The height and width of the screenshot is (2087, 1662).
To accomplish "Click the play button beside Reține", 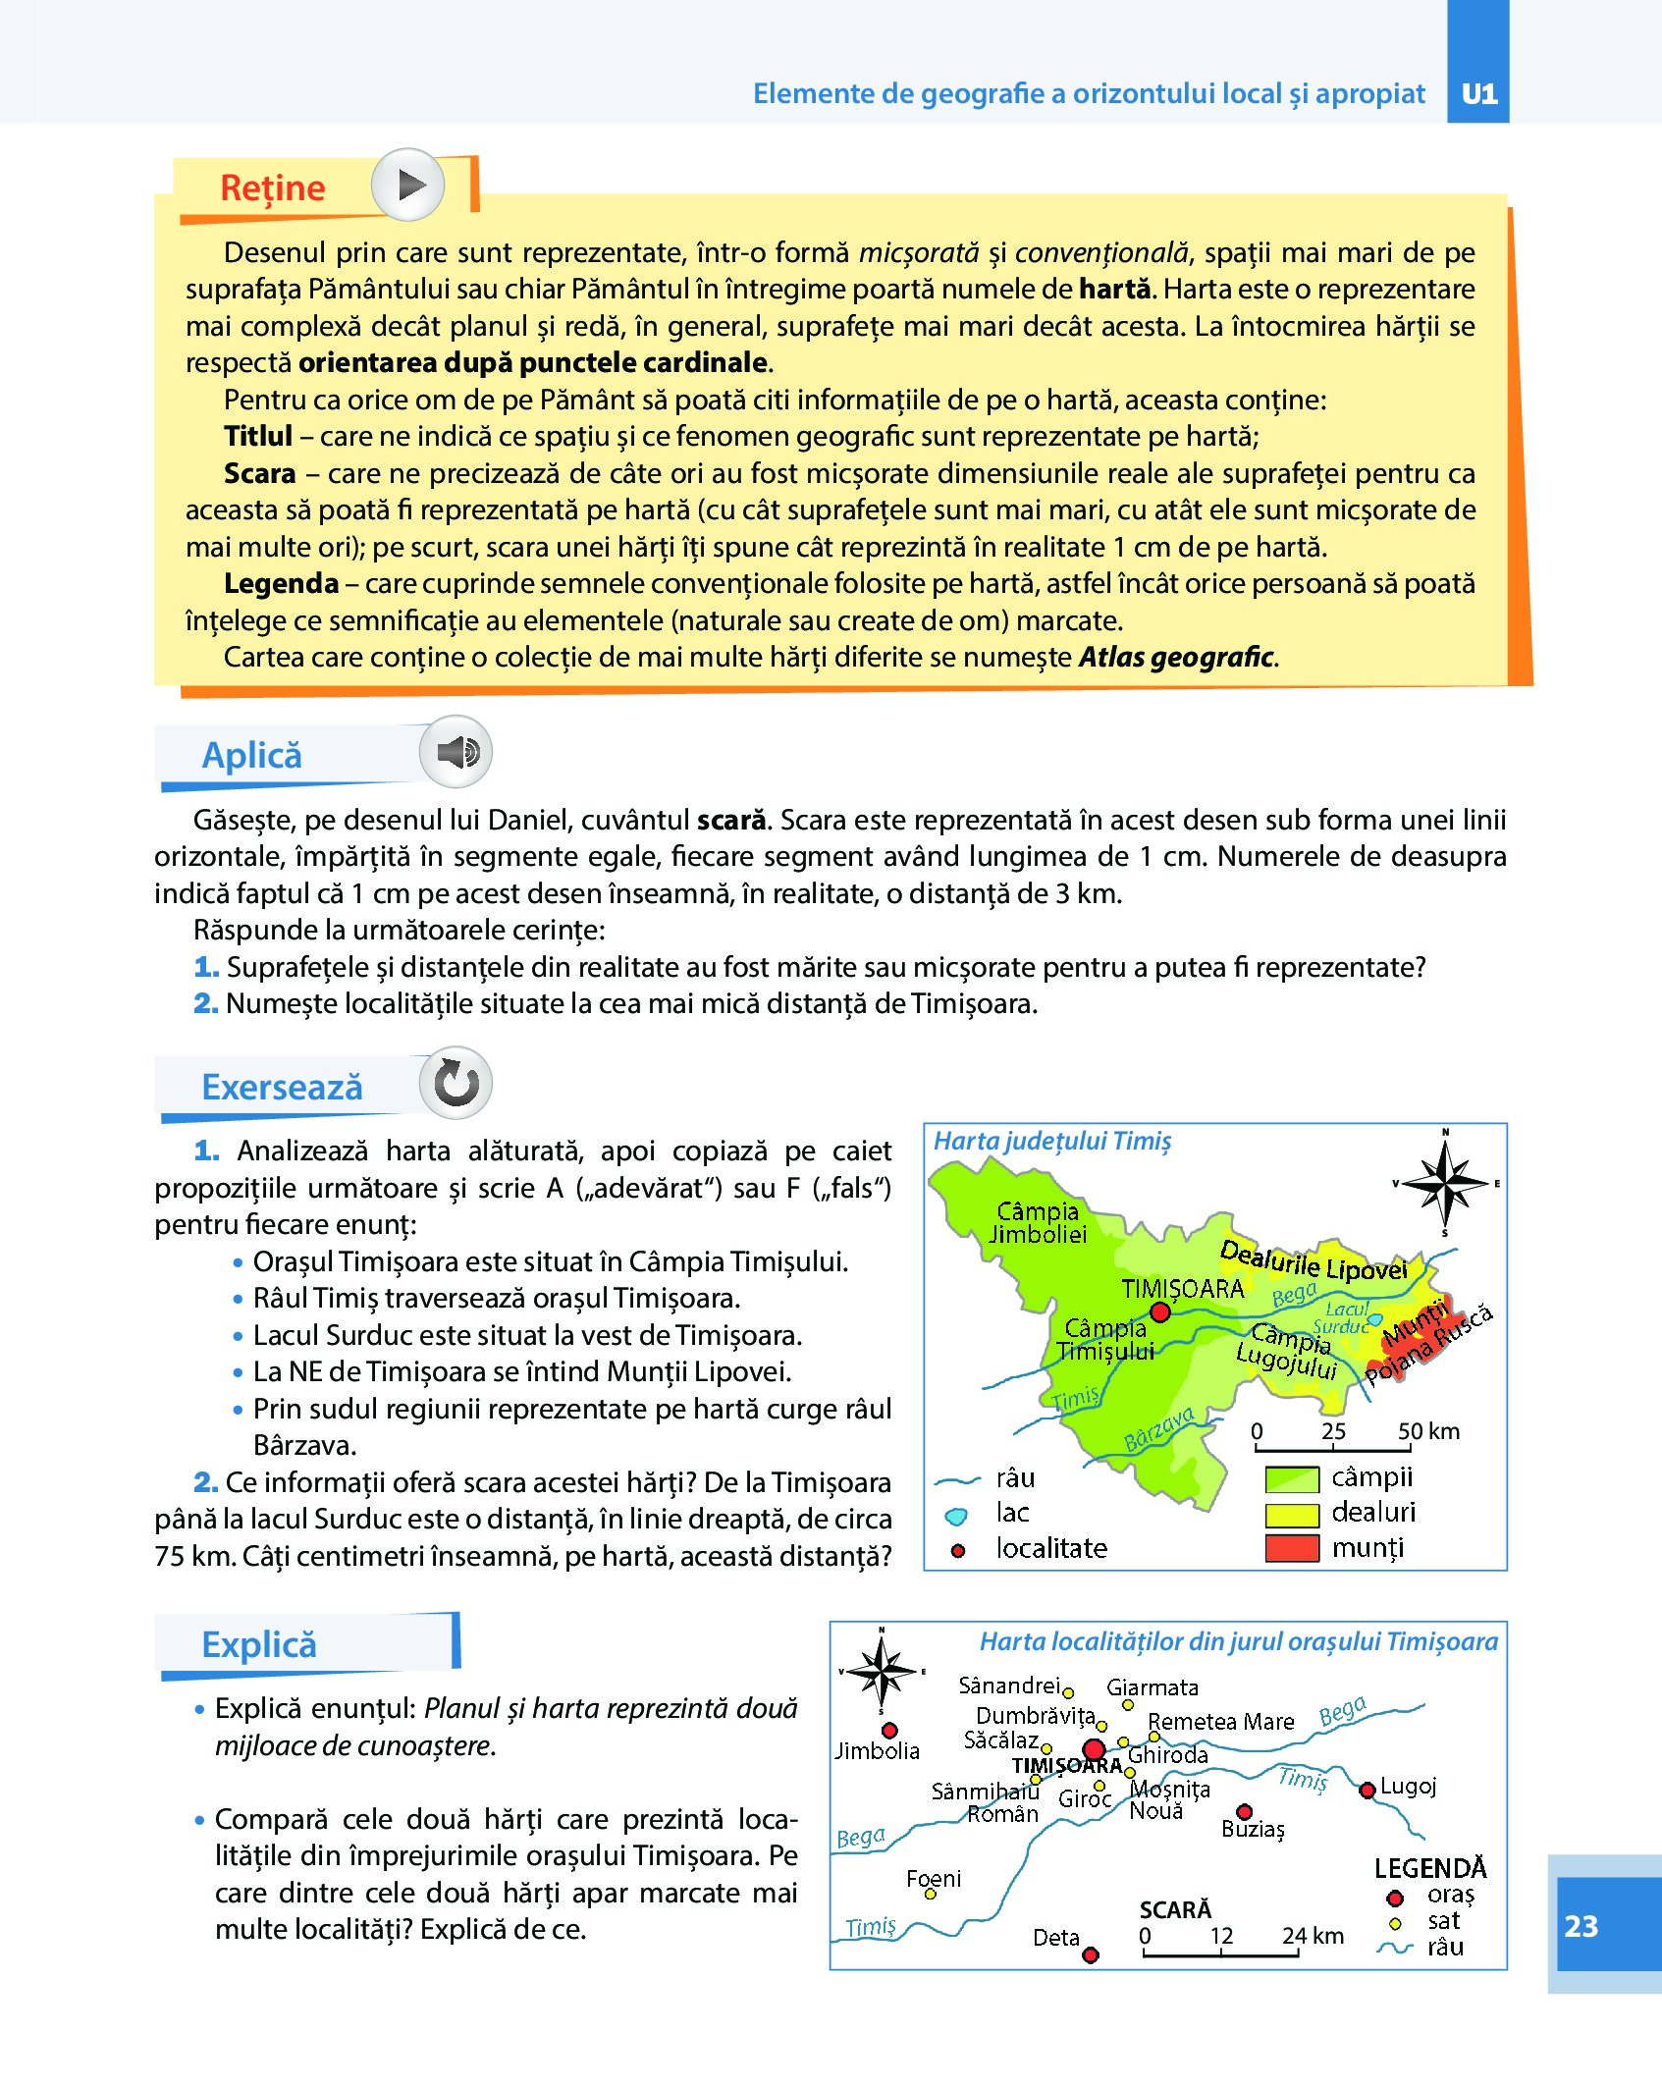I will pyautogui.click(x=408, y=185).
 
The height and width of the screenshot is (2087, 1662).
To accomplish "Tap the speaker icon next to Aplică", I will pyautogui.click(x=456, y=752).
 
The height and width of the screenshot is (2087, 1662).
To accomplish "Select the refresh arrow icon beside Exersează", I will pyautogui.click(x=456, y=1084).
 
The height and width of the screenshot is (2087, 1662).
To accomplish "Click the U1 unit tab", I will pyautogui.click(x=1478, y=93).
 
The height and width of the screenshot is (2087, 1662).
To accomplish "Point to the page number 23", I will pyautogui.click(x=1581, y=1926).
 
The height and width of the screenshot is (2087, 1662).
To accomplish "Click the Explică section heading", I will pyautogui.click(x=259, y=1645).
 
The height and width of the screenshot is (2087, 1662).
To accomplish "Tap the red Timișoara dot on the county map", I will pyautogui.click(x=1160, y=1311).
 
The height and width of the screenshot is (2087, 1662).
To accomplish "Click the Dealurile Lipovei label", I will pyautogui.click(x=1313, y=1260).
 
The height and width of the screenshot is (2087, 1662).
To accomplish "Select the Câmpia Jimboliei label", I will pyautogui.click(x=1038, y=1222).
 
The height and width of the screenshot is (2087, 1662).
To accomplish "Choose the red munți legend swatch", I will pyautogui.click(x=1291, y=1548).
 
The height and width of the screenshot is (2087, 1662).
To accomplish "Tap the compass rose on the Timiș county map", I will pyautogui.click(x=1445, y=1183).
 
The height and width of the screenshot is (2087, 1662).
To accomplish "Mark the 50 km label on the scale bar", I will pyautogui.click(x=1428, y=1431).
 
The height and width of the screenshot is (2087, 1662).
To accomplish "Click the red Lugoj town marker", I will pyautogui.click(x=1367, y=1790).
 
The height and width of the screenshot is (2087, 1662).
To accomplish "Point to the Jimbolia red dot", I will pyautogui.click(x=889, y=1731).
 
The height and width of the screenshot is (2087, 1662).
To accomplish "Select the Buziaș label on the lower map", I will pyautogui.click(x=1253, y=1829).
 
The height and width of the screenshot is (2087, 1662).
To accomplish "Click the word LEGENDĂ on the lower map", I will pyautogui.click(x=1429, y=1868).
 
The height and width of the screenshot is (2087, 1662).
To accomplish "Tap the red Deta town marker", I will pyautogui.click(x=1090, y=1954).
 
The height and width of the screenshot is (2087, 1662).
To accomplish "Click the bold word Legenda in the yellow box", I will pyautogui.click(x=281, y=583).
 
